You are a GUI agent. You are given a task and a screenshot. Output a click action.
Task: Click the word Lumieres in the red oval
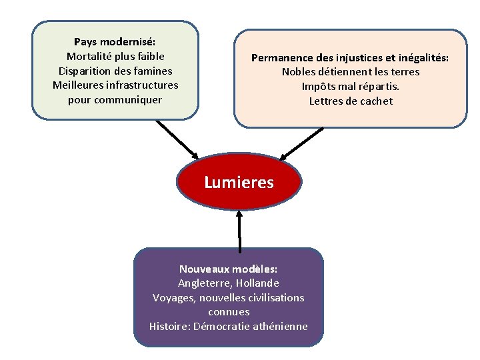pos(239,183)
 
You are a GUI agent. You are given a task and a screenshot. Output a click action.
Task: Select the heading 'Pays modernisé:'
pos(115,42)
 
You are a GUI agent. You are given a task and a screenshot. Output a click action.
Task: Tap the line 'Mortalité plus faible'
pos(115,57)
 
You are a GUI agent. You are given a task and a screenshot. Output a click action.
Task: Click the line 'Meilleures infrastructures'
pos(115,85)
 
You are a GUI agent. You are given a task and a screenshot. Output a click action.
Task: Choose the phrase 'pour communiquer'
pos(115,100)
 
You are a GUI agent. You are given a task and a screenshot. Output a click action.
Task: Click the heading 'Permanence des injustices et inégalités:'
pos(350,58)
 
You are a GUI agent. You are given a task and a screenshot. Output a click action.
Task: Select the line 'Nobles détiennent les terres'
pos(351,72)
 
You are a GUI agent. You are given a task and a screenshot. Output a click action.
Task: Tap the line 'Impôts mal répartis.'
pos(351,87)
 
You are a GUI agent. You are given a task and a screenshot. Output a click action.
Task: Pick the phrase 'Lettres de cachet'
pos(351,101)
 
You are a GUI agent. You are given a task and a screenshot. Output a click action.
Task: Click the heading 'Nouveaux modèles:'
pos(228,269)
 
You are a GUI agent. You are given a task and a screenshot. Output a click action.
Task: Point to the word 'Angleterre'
pos(205,283)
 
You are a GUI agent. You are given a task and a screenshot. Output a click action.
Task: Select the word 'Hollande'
pos(258,283)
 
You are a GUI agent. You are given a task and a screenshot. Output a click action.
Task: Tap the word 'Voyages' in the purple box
pos(171,298)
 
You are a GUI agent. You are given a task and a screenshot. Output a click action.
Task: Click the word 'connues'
pos(229,312)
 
